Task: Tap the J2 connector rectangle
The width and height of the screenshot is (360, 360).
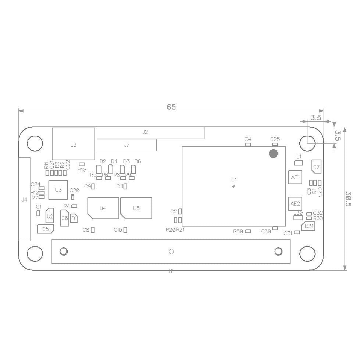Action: point(150,133)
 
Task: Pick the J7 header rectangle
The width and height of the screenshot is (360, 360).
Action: point(126,145)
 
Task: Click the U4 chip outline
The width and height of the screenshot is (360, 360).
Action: point(103,208)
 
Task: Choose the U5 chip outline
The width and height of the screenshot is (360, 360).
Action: point(136,208)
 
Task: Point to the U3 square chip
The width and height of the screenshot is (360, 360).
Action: point(58,190)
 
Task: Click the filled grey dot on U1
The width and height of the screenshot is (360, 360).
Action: point(273,154)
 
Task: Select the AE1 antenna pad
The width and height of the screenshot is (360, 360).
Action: point(295,177)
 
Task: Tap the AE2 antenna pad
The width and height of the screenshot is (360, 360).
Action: point(295,203)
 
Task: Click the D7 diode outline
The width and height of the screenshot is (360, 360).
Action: point(316,167)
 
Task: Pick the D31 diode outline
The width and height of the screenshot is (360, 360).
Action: point(309,226)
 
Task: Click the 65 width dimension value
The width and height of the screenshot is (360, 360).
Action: point(171,107)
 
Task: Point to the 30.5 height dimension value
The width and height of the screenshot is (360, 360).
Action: point(349,199)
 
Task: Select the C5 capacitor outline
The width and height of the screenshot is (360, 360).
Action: point(46,229)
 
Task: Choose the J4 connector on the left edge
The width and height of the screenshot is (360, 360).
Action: point(24,199)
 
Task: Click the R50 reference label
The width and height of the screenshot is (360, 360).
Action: point(238,231)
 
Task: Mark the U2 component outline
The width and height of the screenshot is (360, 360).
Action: point(50,216)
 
